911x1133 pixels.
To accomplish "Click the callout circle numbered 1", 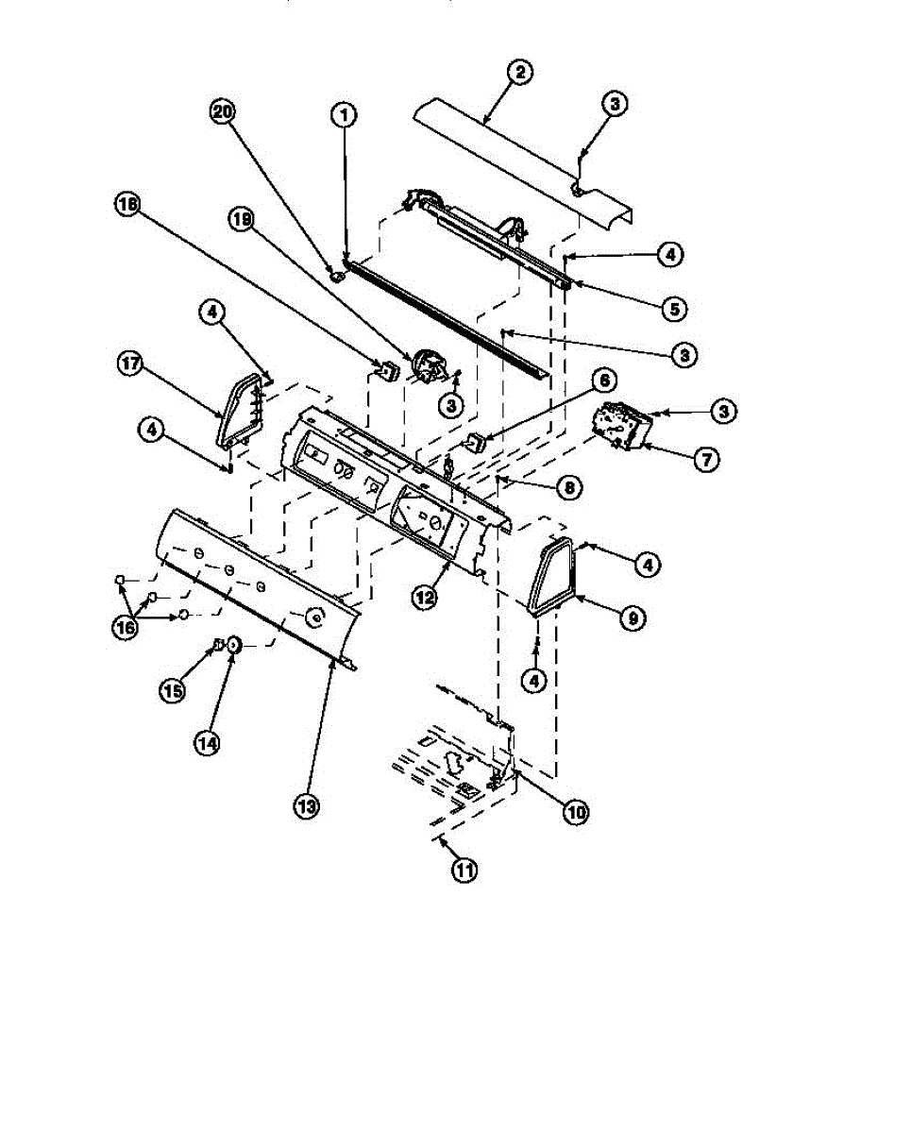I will pos(344,115).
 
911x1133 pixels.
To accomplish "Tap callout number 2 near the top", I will pos(519,72).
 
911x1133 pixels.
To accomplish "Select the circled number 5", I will pos(673,308).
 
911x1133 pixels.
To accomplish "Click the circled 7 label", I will pos(705,460).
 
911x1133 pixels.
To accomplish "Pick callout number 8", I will pos(568,488).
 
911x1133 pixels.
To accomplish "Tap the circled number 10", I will pos(575,811).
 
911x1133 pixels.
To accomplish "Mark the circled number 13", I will pos(305,806).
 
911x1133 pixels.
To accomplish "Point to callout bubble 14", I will pos(208,743).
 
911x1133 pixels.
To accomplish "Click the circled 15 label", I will pos(172,690).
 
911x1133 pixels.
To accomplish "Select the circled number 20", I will pos(222,112).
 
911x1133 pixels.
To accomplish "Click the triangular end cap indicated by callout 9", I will pos(551,578).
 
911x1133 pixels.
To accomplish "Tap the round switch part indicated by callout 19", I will pos(425,365).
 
